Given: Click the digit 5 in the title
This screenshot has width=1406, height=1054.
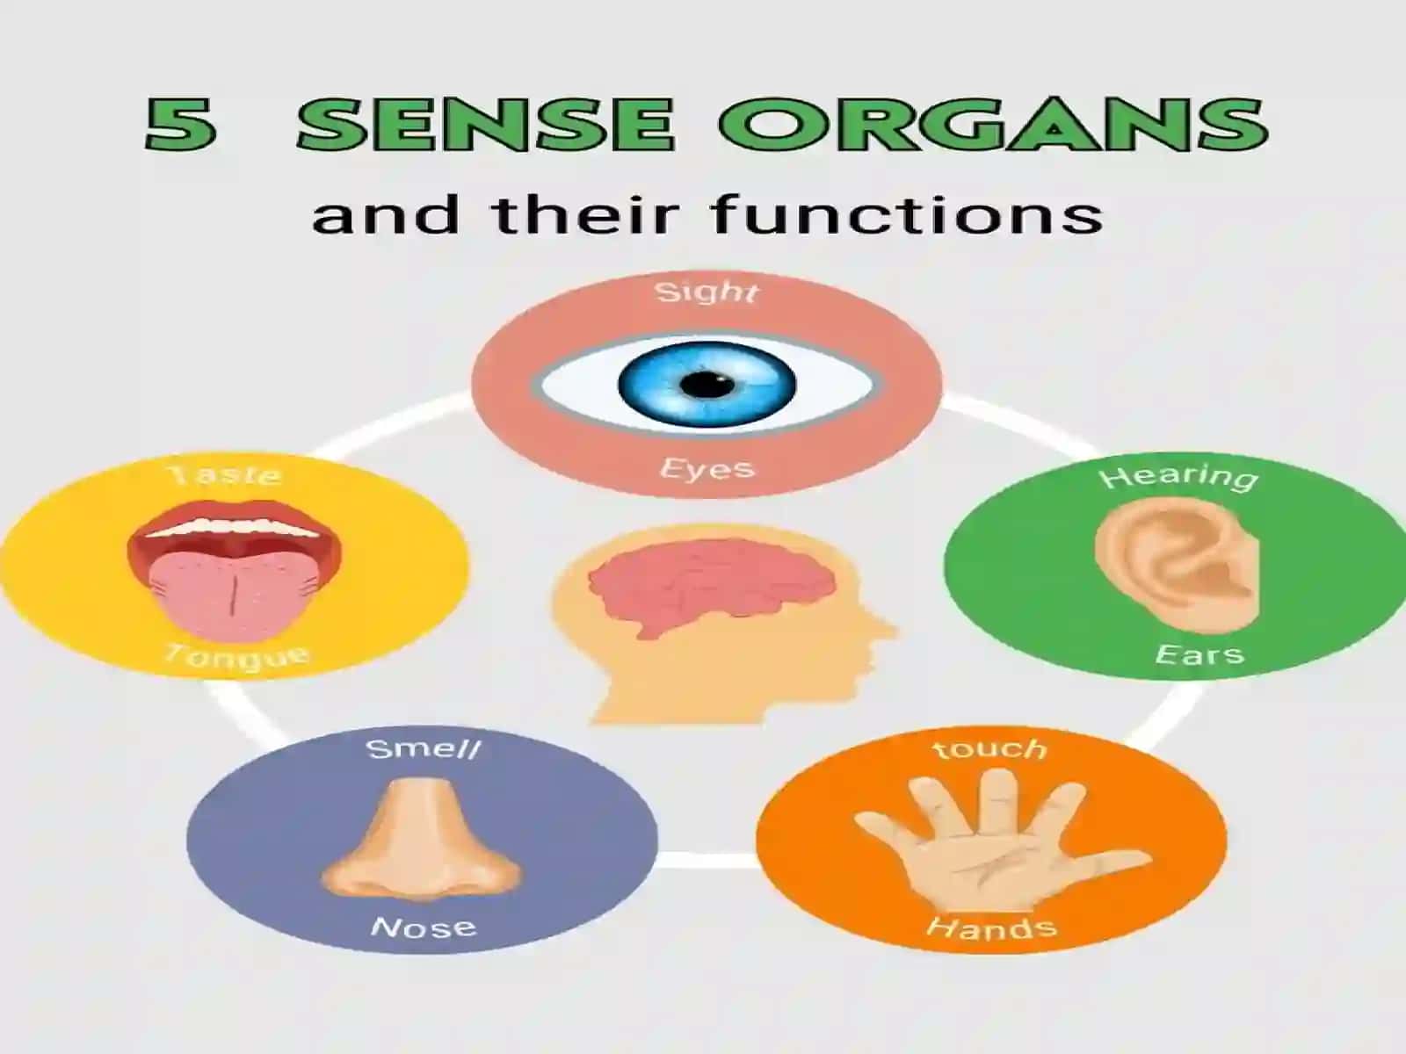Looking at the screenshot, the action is (x=180, y=124).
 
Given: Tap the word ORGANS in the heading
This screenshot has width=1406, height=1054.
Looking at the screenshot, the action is (x=992, y=124).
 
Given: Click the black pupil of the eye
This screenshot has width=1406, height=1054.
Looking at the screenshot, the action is (x=707, y=385).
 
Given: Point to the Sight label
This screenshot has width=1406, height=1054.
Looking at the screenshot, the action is (x=707, y=292).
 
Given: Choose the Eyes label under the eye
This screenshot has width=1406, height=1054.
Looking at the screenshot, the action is (x=707, y=469).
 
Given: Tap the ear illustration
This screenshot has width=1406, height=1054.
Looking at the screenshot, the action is (x=1178, y=566).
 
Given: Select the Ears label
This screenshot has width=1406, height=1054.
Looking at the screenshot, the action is (x=1199, y=654).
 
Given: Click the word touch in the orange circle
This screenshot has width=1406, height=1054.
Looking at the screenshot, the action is (x=989, y=747).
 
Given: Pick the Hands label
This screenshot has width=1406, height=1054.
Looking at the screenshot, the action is (x=991, y=928).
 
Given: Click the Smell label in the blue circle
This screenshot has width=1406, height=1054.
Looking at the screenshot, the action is (x=423, y=748).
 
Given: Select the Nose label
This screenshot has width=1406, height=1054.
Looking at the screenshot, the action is (x=424, y=926).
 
